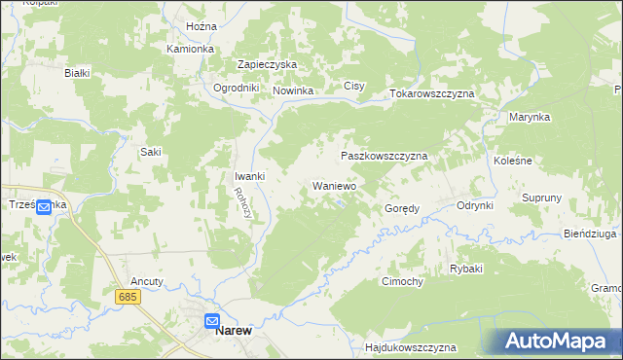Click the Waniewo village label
pos(334,185)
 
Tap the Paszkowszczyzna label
pos(384,156)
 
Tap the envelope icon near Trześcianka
pos(46,208)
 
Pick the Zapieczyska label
pos(267,64)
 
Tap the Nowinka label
pos(292,91)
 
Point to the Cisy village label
pos(354,87)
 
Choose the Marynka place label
pos(530,117)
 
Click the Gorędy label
pos(402,208)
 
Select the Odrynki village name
pos(476,205)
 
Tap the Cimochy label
pos(402,281)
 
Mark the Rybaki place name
pos(466,269)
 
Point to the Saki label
pos(151,152)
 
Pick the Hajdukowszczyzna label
pos(409,347)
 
